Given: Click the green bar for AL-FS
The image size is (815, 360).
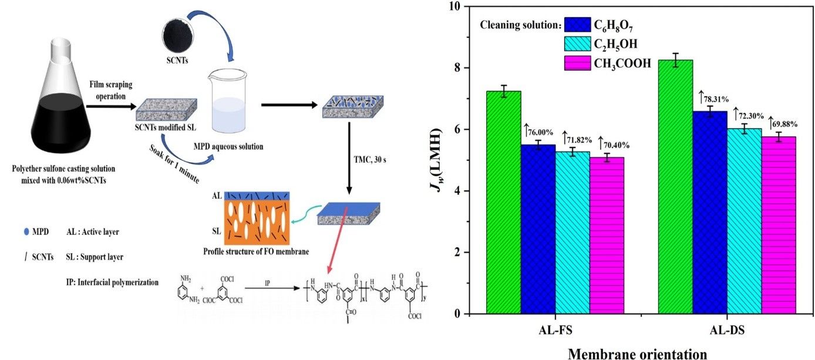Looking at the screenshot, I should (x=503, y=203).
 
